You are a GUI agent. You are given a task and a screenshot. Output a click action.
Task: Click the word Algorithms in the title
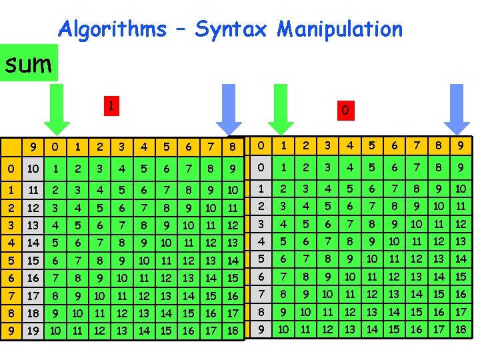[x=112, y=29]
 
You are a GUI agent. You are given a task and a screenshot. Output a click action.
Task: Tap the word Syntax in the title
[x=230, y=29]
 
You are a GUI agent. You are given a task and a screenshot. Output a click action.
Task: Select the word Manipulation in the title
[x=340, y=29]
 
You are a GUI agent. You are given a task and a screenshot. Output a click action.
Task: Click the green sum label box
[x=29, y=63]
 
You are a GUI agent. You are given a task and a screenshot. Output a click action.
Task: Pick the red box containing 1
[x=113, y=105]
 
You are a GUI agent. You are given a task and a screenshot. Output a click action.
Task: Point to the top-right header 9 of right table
[x=461, y=146]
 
